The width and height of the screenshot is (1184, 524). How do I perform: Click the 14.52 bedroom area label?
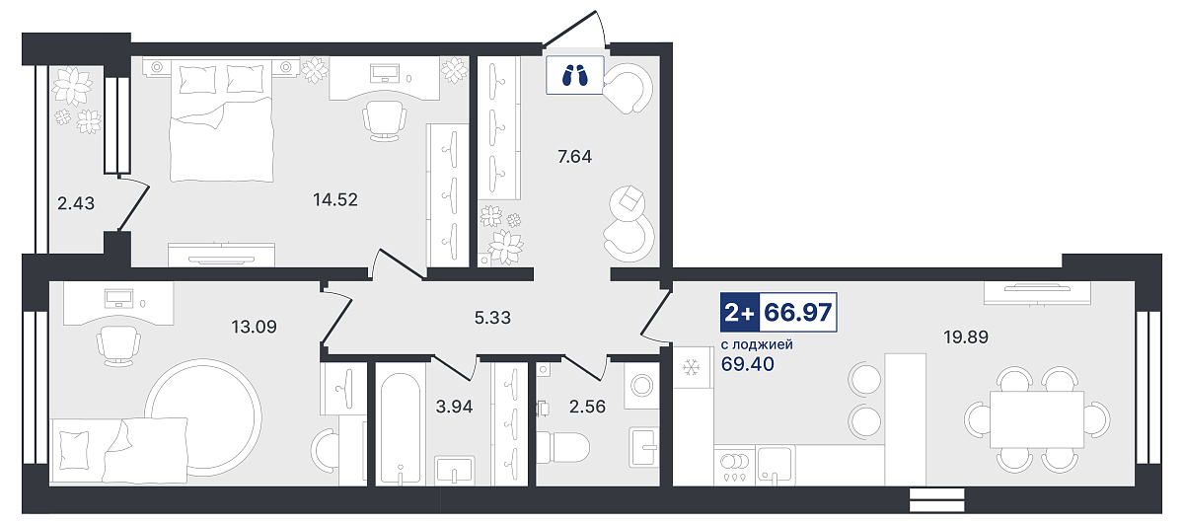pyautogui.click(x=335, y=199)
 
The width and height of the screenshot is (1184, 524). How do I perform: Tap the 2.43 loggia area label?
pyautogui.click(x=76, y=203)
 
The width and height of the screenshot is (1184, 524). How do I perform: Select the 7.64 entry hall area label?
pyautogui.click(x=574, y=157)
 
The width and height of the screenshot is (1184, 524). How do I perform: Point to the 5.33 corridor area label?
pyautogui.click(x=492, y=318)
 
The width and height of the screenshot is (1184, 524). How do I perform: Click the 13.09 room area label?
pyautogui.click(x=254, y=327)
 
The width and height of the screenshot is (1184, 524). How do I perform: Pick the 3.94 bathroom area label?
pyautogui.click(x=454, y=407)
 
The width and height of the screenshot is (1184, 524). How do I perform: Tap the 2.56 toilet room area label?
pyautogui.click(x=587, y=407)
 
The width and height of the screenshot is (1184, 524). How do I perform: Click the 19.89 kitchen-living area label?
pyautogui.click(x=966, y=337)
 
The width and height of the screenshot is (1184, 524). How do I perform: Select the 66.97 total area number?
pyautogui.click(x=798, y=313)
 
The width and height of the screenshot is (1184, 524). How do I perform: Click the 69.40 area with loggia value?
pyautogui.click(x=748, y=364)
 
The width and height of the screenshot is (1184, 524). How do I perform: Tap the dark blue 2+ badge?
pyautogui.click(x=739, y=313)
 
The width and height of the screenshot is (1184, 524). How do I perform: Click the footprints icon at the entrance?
pyautogui.click(x=574, y=75)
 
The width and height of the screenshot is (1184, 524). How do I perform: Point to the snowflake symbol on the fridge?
pyautogui.click(x=691, y=367)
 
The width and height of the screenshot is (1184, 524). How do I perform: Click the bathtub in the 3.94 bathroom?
pyautogui.click(x=401, y=428)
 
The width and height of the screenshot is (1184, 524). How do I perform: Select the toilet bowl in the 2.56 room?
pyautogui.click(x=563, y=448)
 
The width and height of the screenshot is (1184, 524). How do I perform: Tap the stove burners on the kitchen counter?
pyautogui.click(x=734, y=462)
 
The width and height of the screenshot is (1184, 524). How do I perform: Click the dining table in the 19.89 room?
pyautogui.click(x=1037, y=419)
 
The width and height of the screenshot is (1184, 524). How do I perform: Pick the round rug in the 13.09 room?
pyautogui.click(x=203, y=416)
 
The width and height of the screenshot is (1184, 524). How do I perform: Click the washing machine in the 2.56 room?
pyautogui.click(x=641, y=386)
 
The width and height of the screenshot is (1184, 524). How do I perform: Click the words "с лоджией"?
pyautogui.click(x=757, y=344)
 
